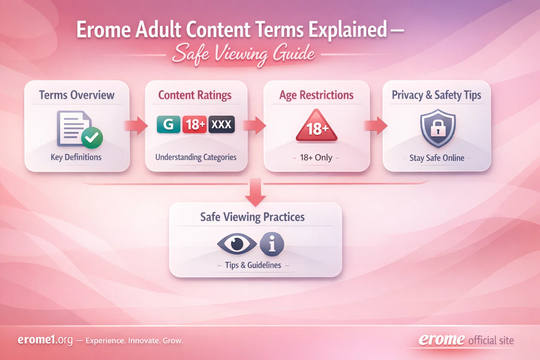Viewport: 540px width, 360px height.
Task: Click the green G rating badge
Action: point(168,124)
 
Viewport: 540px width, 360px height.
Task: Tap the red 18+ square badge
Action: point(194,124)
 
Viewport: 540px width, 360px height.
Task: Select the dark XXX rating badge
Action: point(221,124)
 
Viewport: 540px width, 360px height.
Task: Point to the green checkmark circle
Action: point(92,137)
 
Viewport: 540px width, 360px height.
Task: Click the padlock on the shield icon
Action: point(438,128)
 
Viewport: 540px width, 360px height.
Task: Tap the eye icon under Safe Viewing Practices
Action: point(237,243)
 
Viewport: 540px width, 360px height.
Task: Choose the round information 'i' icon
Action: point(272,244)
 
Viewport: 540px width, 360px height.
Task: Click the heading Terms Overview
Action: point(77,95)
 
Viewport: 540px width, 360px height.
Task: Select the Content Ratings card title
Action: point(195,95)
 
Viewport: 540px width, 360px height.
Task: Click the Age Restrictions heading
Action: point(316,95)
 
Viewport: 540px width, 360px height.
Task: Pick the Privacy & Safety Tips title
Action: point(436,95)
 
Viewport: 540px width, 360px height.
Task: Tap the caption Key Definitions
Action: point(76,157)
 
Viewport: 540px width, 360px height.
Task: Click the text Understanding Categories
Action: point(196,157)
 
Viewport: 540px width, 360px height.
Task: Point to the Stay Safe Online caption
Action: point(437,158)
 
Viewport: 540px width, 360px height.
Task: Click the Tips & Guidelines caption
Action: point(253,265)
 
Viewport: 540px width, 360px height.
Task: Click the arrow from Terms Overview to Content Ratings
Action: point(137,126)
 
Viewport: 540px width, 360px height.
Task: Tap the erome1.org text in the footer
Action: point(45,340)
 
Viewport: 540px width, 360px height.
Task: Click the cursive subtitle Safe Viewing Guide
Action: point(243,54)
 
